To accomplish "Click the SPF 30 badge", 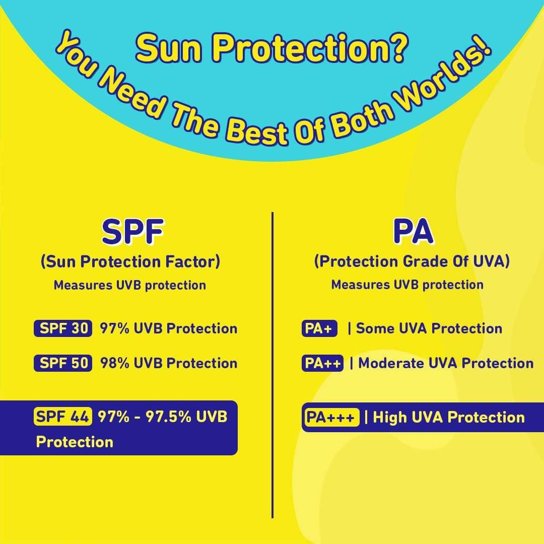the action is point(63,328).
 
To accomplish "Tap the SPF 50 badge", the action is point(63,363).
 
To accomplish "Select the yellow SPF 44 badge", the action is point(63,417).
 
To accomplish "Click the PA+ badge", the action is point(319,328).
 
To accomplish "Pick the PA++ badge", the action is point(322,363).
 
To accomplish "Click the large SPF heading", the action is point(133,231).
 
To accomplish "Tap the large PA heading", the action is point(413,231).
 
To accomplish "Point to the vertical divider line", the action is point(273,365).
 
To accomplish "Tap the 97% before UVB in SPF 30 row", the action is point(114,328).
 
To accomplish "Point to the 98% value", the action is point(114,363).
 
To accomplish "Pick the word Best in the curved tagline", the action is point(257,131).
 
